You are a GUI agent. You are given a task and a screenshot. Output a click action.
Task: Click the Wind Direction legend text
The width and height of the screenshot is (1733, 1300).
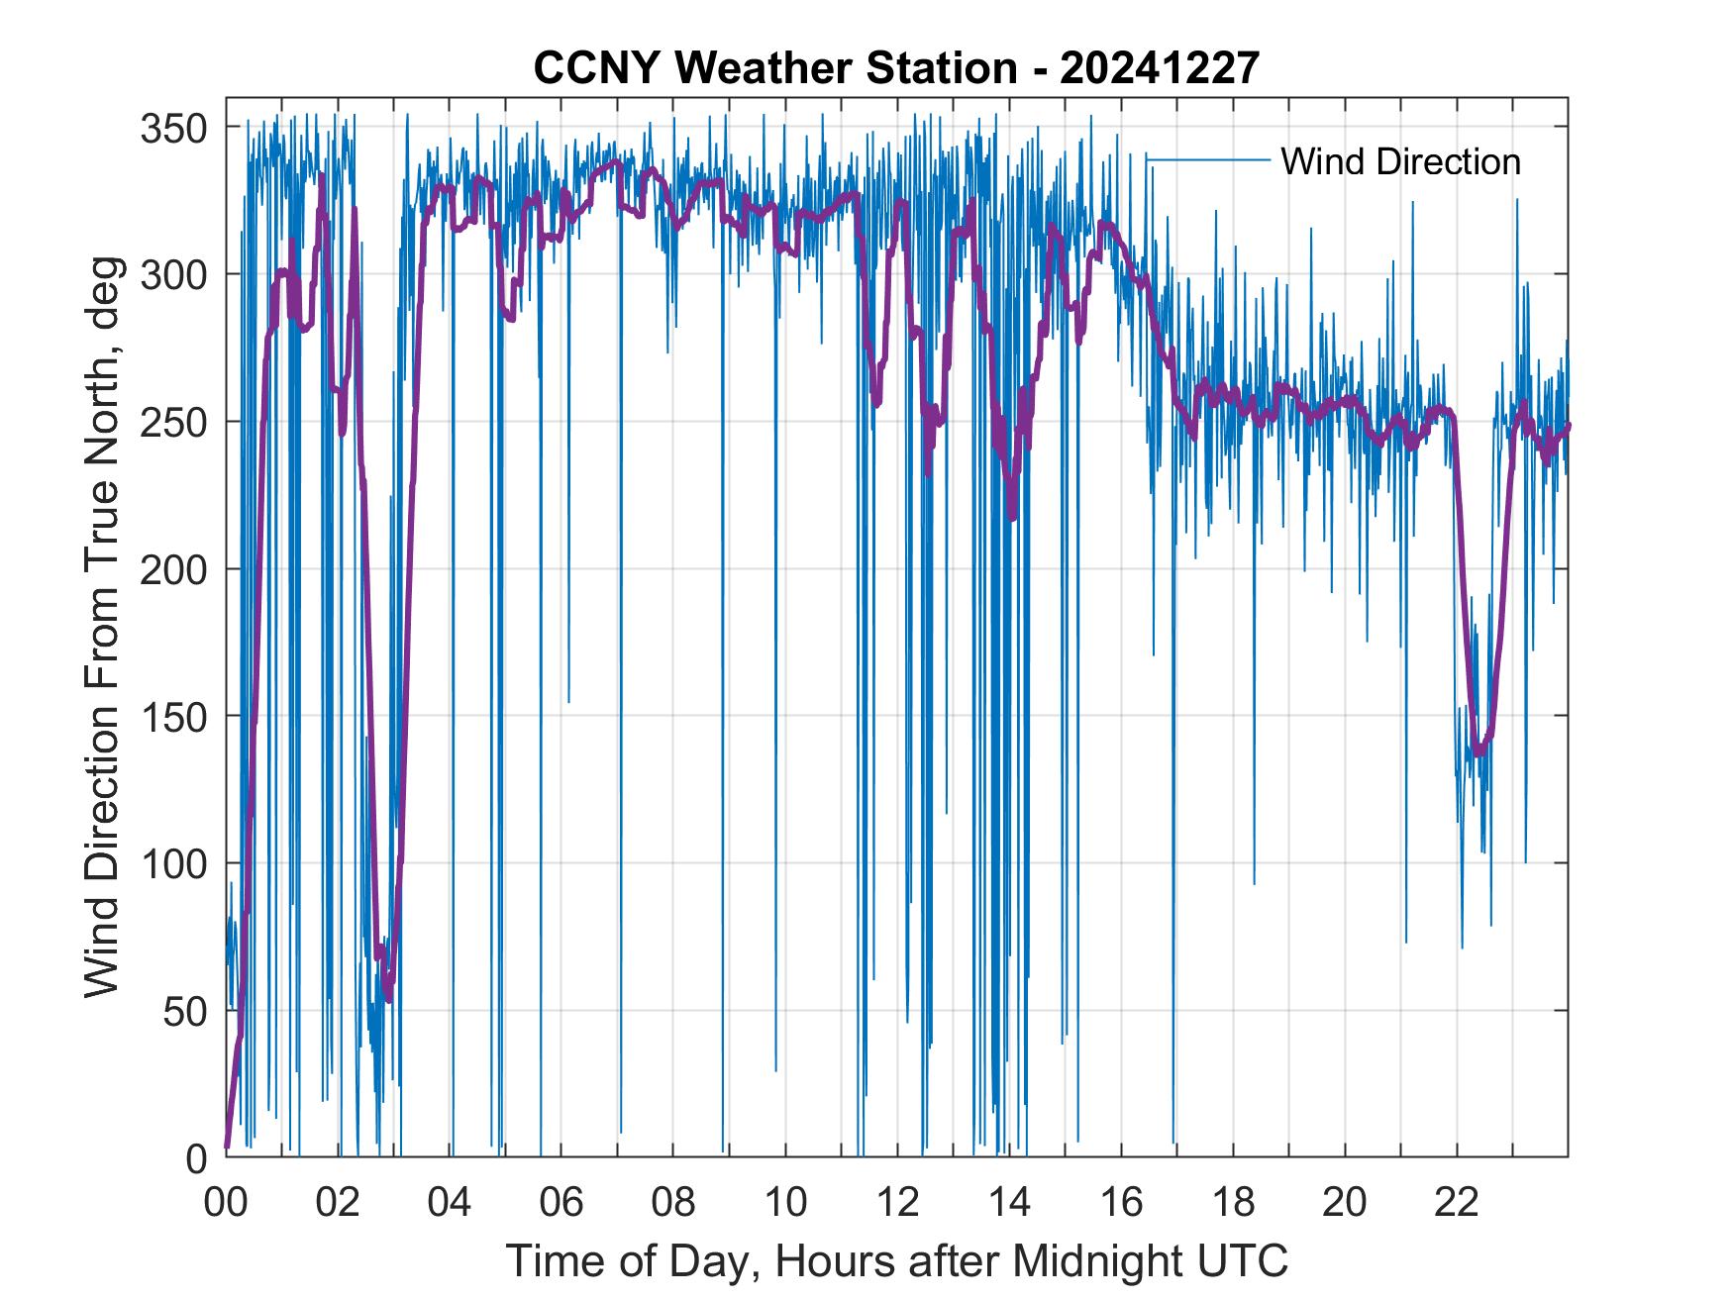coord(1400,161)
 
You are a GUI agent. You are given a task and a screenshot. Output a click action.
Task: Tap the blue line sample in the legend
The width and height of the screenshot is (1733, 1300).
coord(1208,159)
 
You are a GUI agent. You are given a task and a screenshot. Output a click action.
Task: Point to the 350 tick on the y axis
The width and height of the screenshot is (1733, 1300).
coord(174,128)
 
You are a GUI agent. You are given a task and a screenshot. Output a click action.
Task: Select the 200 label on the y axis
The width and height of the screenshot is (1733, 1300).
coord(174,569)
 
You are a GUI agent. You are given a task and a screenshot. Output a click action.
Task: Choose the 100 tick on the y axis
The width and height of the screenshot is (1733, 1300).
coord(174,863)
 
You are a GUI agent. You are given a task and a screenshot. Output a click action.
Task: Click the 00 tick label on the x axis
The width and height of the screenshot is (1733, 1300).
coord(226,1203)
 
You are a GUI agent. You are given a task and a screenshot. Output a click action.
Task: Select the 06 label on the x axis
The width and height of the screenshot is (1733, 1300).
coord(561,1203)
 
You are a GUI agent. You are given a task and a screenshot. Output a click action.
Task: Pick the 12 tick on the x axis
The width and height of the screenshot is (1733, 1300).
coord(897,1203)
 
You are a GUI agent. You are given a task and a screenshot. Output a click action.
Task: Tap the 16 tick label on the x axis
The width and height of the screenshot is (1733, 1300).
coord(1121,1203)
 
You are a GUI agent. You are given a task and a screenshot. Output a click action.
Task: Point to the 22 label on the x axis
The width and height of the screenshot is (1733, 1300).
coord(1457,1203)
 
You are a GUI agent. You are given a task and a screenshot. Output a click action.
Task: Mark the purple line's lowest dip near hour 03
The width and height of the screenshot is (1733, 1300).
coord(388,998)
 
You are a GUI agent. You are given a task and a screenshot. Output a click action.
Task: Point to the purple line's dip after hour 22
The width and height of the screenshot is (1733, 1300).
coord(1478,752)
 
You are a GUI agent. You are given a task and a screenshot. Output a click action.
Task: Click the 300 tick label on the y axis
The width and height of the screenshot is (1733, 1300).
coord(174,274)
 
